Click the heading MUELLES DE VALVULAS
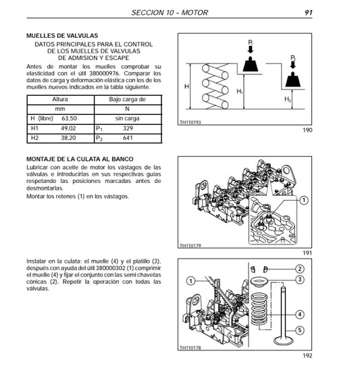(61, 34)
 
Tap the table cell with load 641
(126, 138)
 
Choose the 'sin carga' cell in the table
(127, 118)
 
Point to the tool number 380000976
(115, 74)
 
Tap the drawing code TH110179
(192, 246)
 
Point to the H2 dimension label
(288, 99)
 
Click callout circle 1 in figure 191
(304, 200)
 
